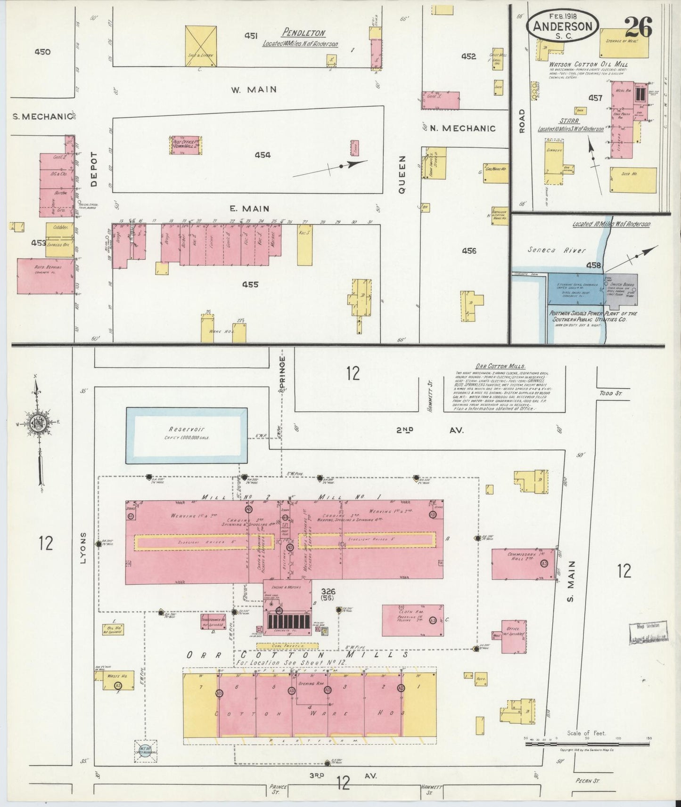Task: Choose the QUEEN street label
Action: coord(402,175)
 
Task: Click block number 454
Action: coord(263,155)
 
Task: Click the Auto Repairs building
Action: coord(46,276)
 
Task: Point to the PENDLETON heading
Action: coord(304,33)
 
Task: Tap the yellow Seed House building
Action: coord(632,180)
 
